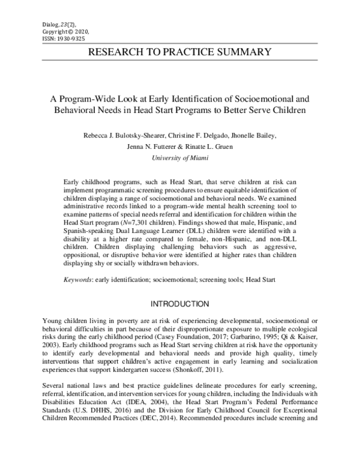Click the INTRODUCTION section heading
[x=180, y=304]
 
